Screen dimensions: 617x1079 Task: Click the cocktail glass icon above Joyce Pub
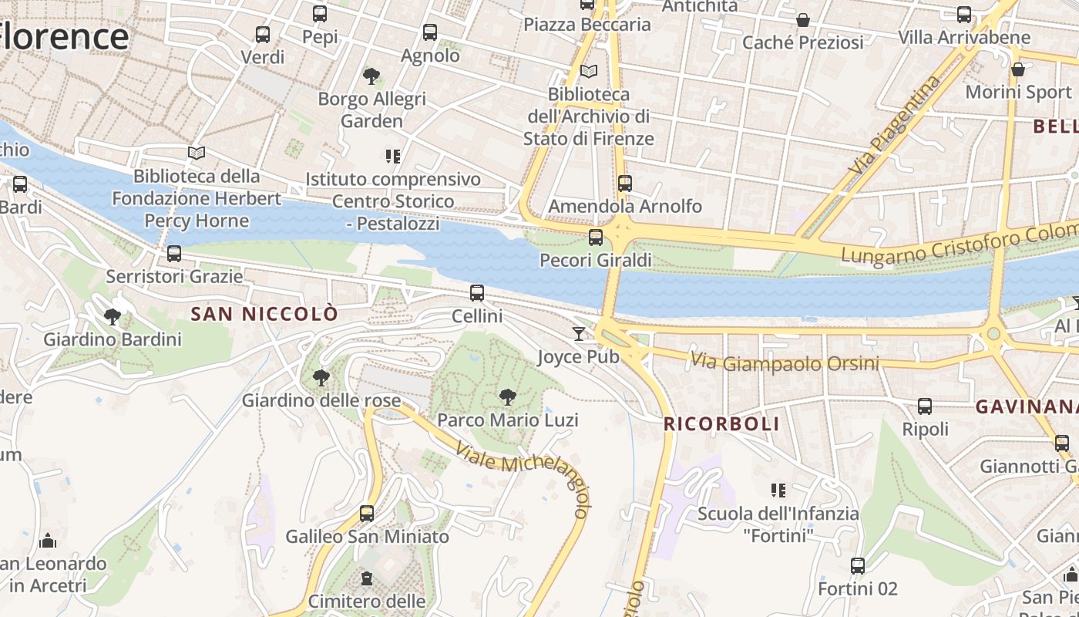click(x=579, y=333)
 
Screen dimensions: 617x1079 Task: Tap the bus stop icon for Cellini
click(x=477, y=293)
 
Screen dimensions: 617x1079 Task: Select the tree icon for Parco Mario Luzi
click(x=507, y=397)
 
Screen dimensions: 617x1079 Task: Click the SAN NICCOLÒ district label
click(x=264, y=314)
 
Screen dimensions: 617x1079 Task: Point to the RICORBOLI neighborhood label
click(x=721, y=423)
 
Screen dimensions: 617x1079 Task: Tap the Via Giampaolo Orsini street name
click(x=785, y=362)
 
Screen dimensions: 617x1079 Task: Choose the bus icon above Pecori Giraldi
click(x=595, y=238)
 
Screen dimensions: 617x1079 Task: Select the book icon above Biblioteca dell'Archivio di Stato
click(x=589, y=72)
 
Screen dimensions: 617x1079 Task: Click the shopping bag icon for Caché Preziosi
click(x=803, y=19)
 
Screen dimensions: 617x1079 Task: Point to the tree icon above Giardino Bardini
click(x=113, y=316)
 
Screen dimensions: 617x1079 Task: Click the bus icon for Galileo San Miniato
click(x=367, y=514)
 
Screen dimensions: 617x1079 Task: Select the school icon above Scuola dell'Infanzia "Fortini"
click(x=778, y=490)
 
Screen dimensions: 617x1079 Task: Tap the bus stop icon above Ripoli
click(x=925, y=406)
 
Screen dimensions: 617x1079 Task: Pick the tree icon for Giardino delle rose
click(x=321, y=377)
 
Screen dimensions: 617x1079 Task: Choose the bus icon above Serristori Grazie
click(x=174, y=253)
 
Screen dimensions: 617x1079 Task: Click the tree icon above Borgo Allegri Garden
click(x=371, y=76)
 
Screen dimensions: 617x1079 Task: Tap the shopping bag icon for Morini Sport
click(x=1018, y=69)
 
